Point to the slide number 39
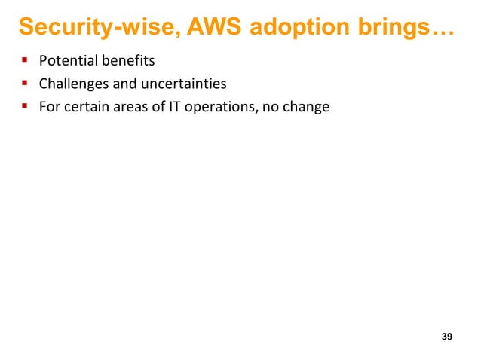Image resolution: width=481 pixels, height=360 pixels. [x=446, y=336]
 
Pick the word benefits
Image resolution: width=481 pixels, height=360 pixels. [x=129, y=61]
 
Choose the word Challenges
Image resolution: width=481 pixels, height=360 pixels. [x=74, y=84]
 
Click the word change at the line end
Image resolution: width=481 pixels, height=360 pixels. [x=309, y=107]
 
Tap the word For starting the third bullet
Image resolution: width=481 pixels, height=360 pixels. [x=48, y=107]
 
